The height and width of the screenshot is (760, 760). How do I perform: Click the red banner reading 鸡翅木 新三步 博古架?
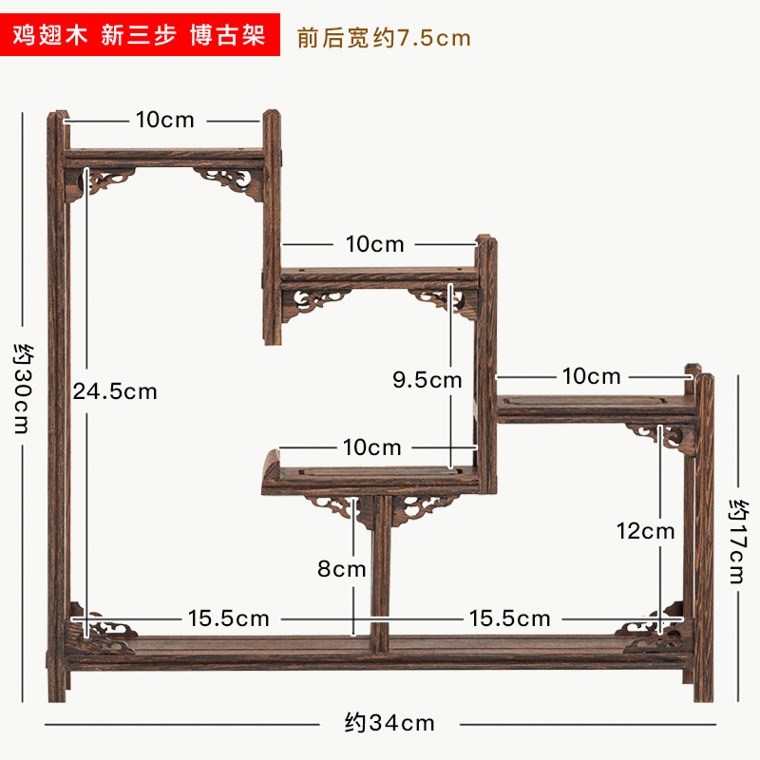click(x=142, y=37)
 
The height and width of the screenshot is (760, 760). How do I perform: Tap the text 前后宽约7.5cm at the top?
click(x=384, y=38)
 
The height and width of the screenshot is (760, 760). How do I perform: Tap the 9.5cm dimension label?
click(x=427, y=380)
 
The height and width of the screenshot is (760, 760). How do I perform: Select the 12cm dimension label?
click(x=645, y=531)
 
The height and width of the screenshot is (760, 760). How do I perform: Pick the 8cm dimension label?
click(x=342, y=569)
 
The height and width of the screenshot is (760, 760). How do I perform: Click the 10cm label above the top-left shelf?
click(x=164, y=120)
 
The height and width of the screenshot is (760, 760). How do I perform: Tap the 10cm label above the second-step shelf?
click(x=375, y=244)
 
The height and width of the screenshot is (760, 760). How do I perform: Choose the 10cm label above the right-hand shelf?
click(x=591, y=376)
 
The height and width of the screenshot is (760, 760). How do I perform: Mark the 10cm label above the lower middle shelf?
click(x=372, y=446)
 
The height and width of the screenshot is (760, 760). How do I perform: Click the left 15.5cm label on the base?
click(x=228, y=618)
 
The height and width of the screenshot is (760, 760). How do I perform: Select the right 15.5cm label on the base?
click(x=509, y=618)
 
